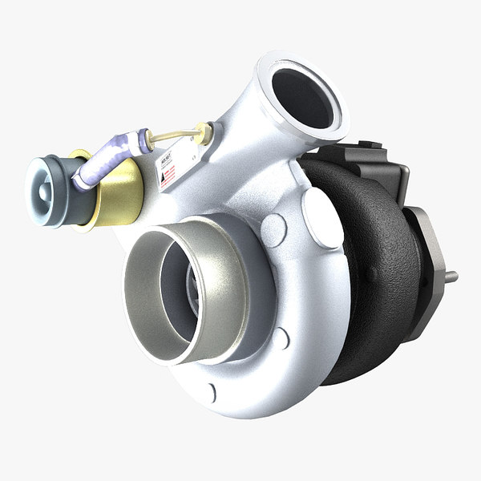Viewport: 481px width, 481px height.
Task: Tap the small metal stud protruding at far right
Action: click(x=452, y=277)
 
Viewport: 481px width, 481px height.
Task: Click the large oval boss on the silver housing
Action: click(x=322, y=216)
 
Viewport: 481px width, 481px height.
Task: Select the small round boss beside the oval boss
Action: click(x=274, y=229)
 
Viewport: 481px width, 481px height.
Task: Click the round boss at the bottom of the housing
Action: click(x=211, y=393)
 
